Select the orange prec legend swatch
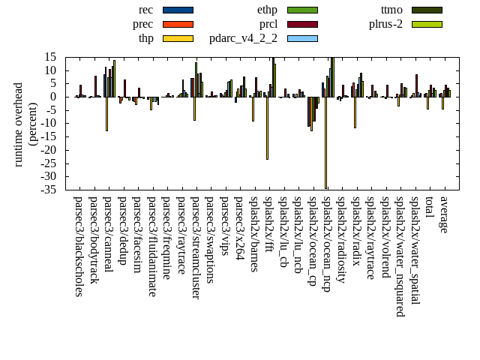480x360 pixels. pyautogui.click(x=178, y=24)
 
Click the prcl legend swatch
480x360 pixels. pyautogui.click(x=302, y=24)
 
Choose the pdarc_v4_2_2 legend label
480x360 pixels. pyautogui.click(x=243, y=38)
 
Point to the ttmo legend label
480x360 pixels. pyautogui.click(x=391, y=10)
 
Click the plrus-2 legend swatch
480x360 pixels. pyautogui.click(x=427, y=24)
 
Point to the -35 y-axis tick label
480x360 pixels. pyautogui.click(x=51, y=190)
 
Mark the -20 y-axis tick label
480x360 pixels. pyautogui.click(x=51, y=150)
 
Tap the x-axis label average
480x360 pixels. pyautogui.click(x=444, y=214)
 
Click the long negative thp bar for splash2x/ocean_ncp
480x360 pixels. pyautogui.click(x=325, y=142)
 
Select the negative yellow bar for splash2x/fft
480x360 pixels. pyautogui.click(x=267, y=127)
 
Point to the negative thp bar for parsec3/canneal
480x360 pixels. pyautogui.click(x=106, y=113)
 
